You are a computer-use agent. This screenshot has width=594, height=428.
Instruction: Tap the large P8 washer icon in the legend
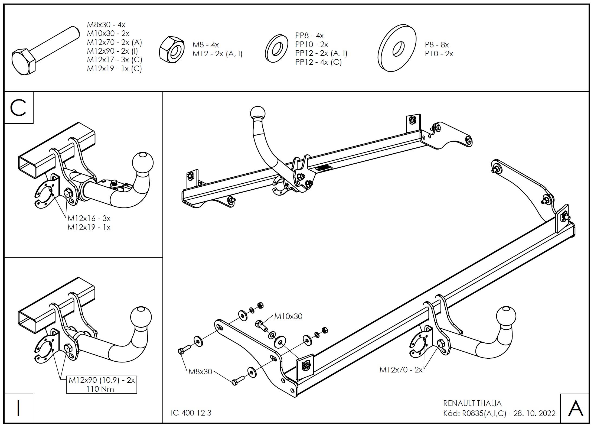coord(397,48)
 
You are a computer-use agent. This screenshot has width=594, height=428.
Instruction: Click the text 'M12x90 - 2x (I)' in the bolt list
coord(112,51)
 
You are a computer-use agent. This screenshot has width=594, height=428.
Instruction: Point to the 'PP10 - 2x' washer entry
coord(312,44)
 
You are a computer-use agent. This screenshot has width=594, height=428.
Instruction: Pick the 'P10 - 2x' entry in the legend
coord(439,54)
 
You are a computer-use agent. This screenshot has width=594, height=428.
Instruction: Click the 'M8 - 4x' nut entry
coord(205,45)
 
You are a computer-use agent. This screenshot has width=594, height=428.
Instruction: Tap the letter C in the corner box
coord(18,108)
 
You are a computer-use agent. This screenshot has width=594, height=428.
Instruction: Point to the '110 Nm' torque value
coord(100,389)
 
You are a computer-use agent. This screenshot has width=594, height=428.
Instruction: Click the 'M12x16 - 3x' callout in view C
coord(89,218)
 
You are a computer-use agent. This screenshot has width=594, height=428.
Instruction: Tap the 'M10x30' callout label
coord(288,316)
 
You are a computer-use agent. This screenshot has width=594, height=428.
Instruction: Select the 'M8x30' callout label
coord(200,371)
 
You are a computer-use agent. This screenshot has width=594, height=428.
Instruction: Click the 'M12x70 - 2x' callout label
coord(401,370)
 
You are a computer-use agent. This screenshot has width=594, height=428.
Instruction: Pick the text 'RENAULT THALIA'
coord(472,403)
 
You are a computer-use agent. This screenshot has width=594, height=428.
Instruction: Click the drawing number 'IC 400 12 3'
coord(191,413)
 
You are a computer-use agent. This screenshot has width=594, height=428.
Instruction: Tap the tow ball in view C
coord(143,163)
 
